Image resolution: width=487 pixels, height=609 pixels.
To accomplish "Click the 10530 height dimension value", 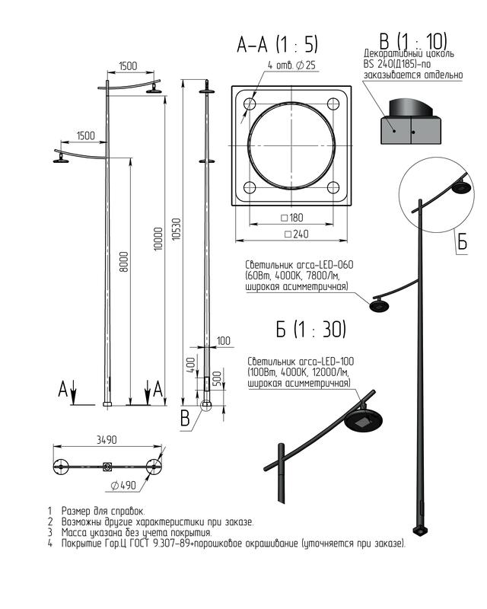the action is pyautogui.click(x=176, y=229).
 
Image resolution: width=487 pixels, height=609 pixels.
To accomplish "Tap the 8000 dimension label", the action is pyautogui.click(x=123, y=261).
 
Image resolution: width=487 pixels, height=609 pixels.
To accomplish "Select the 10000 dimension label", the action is pyautogui.click(x=158, y=239).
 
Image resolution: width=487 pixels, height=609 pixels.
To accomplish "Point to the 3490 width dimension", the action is pyautogui.click(x=107, y=440).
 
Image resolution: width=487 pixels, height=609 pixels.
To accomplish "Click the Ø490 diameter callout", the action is pyautogui.click(x=123, y=485).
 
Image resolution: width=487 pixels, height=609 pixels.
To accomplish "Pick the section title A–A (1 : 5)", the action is pyautogui.click(x=277, y=44).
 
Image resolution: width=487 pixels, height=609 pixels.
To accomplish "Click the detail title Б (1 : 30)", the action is pyautogui.click(x=310, y=330).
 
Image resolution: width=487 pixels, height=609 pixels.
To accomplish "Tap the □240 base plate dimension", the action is pyautogui.click(x=297, y=234).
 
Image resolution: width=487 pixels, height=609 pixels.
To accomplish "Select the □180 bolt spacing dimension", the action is pyautogui.click(x=291, y=218).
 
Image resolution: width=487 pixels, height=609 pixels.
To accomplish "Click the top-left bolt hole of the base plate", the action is pyautogui.click(x=250, y=104).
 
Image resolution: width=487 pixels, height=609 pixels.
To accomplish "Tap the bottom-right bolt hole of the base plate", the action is pyautogui.click(x=333, y=187).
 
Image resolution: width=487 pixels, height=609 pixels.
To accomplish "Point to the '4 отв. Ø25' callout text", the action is pyautogui.click(x=291, y=65).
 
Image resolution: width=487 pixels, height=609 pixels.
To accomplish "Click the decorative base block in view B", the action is pyautogui.click(x=410, y=130).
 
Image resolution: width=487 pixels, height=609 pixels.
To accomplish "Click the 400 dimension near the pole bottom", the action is pyautogui.click(x=191, y=365).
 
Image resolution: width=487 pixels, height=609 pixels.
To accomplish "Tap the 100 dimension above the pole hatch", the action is pyautogui.click(x=223, y=341).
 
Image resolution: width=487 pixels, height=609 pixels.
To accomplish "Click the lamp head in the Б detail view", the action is pyautogui.click(x=364, y=419).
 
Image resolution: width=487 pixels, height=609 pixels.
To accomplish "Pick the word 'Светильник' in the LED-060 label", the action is pyautogui.click(x=269, y=265).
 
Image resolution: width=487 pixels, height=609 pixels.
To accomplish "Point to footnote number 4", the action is pyautogui.click(x=49, y=543).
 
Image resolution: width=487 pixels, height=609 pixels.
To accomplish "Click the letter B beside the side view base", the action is pyautogui.click(x=185, y=418).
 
